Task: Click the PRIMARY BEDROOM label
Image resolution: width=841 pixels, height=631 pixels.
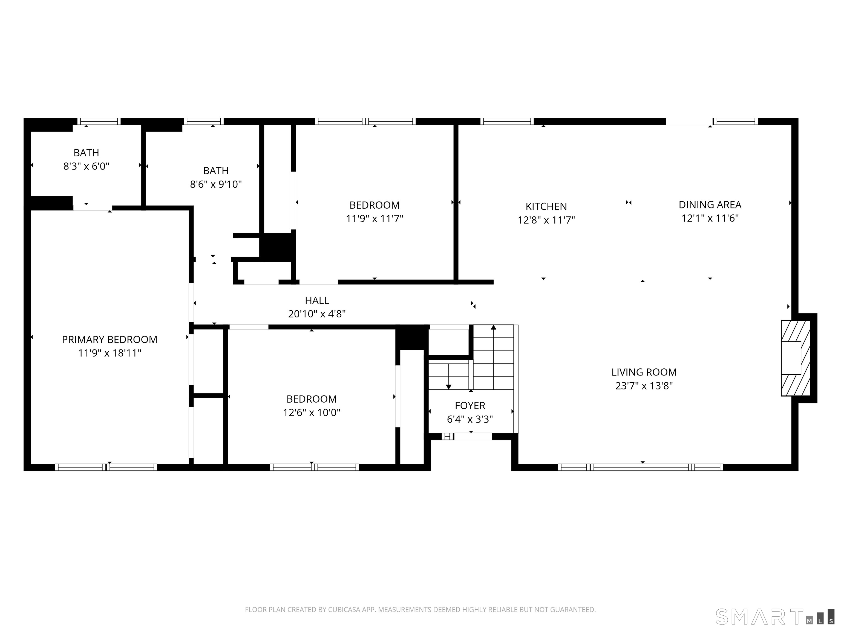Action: pyautogui.click(x=110, y=339)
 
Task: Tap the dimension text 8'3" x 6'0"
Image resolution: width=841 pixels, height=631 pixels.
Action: pyautogui.click(x=86, y=166)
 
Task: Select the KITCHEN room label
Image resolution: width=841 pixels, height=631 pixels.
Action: pyautogui.click(x=546, y=206)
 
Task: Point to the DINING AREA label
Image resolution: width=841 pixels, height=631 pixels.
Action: pyautogui.click(x=710, y=205)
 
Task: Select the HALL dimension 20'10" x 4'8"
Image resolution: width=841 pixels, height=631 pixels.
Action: pyautogui.click(x=317, y=314)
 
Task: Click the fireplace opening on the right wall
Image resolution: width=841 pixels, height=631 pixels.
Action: pyautogui.click(x=791, y=358)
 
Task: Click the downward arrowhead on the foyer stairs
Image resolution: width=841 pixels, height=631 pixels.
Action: pyautogui.click(x=449, y=387)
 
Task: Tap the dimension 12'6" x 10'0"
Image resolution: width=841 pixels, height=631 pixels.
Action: pyautogui.click(x=311, y=413)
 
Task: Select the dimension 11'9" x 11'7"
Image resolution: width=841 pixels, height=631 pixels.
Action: pyautogui.click(x=375, y=219)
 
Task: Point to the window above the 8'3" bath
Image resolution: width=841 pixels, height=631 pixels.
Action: pyautogui.click(x=99, y=121)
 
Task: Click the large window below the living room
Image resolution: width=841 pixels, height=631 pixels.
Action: pyautogui.click(x=641, y=467)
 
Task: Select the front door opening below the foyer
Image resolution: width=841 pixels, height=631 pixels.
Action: pyautogui.click(x=473, y=437)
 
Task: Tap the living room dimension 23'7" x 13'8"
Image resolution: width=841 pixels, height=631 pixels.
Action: pyautogui.click(x=644, y=386)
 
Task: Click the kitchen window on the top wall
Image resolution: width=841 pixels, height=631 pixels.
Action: pyautogui.click(x=507, y=121)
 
